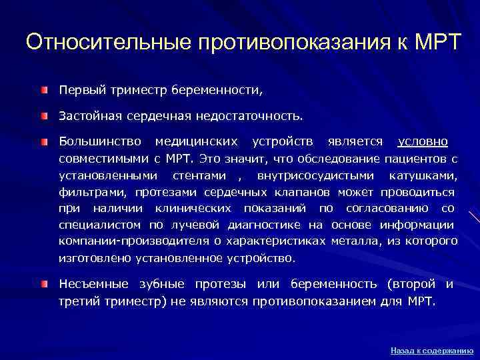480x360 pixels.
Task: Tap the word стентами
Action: [201, 175]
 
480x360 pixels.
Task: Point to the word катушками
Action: [425, 175]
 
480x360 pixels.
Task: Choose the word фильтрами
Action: [94, 192]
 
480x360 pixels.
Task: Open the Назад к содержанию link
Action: [432, 349]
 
